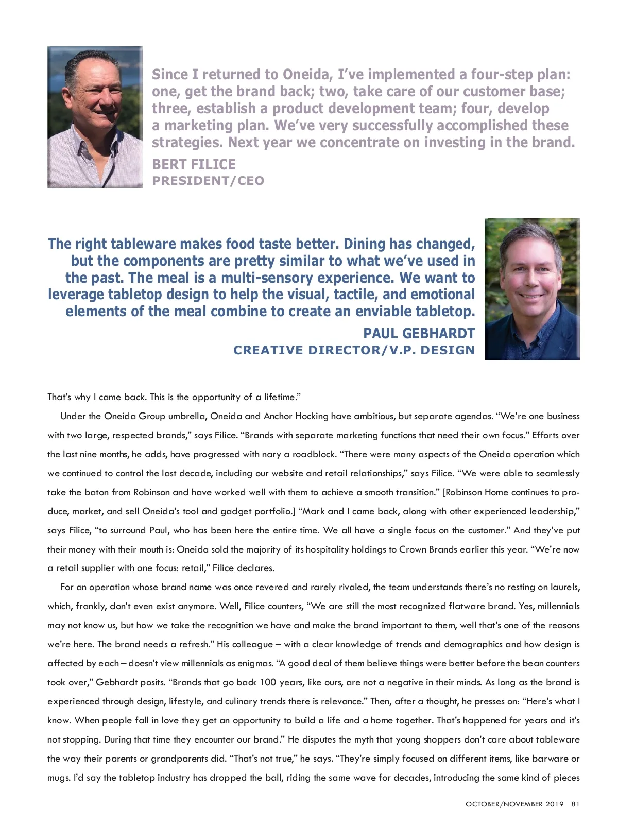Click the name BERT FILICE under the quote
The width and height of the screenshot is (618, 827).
coord(194,165)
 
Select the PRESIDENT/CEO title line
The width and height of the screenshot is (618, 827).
coord(208,181)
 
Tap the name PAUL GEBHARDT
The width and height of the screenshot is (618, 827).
coord(419,333)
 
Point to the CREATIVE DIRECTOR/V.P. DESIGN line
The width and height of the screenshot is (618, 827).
coord(354,350)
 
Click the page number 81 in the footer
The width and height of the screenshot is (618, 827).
coord(575,804)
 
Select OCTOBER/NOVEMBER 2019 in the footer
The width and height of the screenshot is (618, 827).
coord(514,804)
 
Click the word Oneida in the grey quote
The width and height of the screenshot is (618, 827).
coord(307,75)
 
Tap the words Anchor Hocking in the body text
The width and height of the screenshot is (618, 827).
coord(296,416)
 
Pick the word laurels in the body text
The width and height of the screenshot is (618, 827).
coord(564,587)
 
